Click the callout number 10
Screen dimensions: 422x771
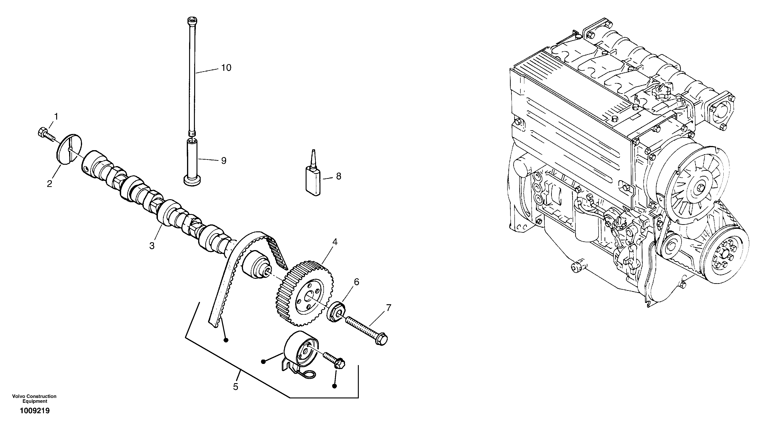[x=226, y=68]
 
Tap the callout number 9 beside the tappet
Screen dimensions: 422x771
[x=224, y=161]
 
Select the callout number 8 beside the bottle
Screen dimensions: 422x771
[x=338, y=176]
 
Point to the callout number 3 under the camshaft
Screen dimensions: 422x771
[x=152, y=246]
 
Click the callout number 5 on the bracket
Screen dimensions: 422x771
[x=236, y=387]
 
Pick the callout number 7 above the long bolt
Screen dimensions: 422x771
[x=388, y=307]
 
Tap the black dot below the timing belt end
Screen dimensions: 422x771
[x=226, y=340]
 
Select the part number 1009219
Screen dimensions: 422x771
[x=35, y=411]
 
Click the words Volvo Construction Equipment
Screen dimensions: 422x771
[x=34, y=399]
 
